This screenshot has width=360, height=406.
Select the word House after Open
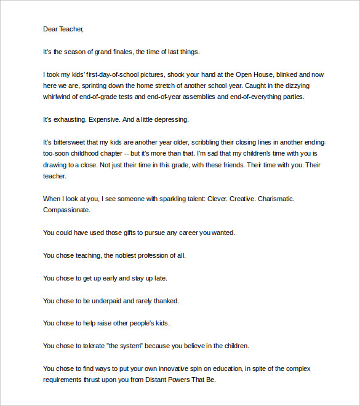(267, 74)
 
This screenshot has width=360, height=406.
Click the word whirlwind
(59, 97)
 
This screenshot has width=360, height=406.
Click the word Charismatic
(270, 199)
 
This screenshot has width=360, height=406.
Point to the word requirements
(65, 380)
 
